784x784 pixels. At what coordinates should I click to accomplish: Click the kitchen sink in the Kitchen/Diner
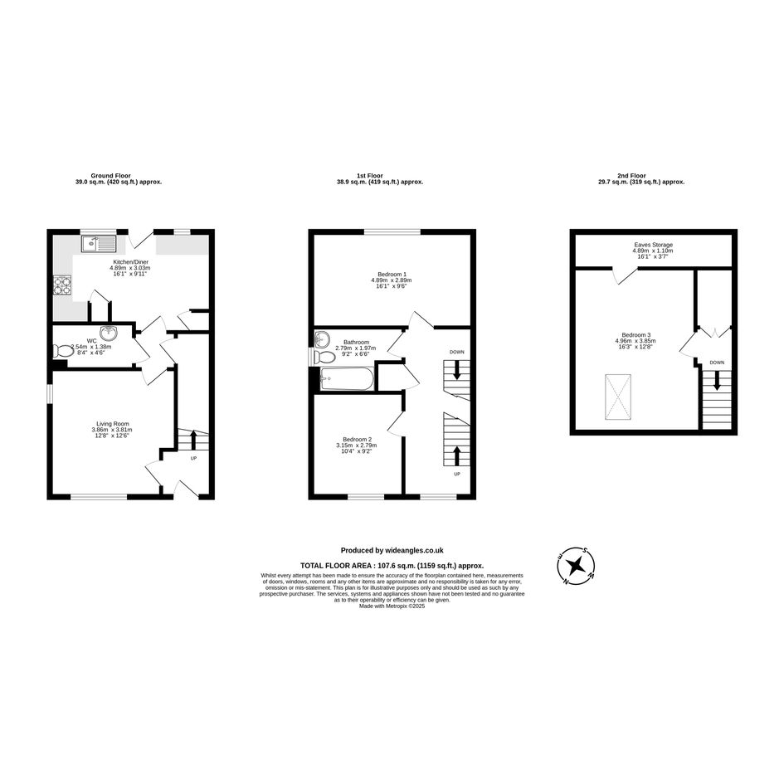pos(99,244)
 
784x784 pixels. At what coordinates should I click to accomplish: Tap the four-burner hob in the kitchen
pos(62,285)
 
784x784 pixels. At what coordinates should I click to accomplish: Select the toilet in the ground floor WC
pos(62,351)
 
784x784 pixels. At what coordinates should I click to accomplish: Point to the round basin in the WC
pos(109,333)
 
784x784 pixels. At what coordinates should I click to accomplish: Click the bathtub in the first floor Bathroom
pos(346,379)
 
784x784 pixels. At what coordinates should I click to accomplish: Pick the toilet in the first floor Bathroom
pos(324,357)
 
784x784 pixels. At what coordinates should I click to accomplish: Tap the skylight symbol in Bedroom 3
pos(618,396)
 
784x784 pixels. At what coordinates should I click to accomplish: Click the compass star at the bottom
pos(577,566)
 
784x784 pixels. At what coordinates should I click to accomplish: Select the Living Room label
pos(113,424)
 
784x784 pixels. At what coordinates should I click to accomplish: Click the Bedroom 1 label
pos(392,274)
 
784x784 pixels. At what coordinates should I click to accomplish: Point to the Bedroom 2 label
pos(357,439)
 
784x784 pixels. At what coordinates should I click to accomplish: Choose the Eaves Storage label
pos(653,245)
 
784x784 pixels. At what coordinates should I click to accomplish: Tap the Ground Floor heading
pos(110,176)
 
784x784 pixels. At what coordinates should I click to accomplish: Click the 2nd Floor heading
pos(631,176)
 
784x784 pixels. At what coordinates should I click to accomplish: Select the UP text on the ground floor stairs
pos(193,458)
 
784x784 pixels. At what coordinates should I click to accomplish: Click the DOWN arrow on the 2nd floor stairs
pos(717,380)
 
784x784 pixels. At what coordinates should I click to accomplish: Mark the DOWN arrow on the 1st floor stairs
pos(456,370)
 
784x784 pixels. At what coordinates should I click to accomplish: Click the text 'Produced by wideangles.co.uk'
pos(392,551)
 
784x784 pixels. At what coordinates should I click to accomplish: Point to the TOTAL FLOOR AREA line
pos(392,566)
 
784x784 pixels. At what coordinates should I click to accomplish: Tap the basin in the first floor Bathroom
pos(322,339)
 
